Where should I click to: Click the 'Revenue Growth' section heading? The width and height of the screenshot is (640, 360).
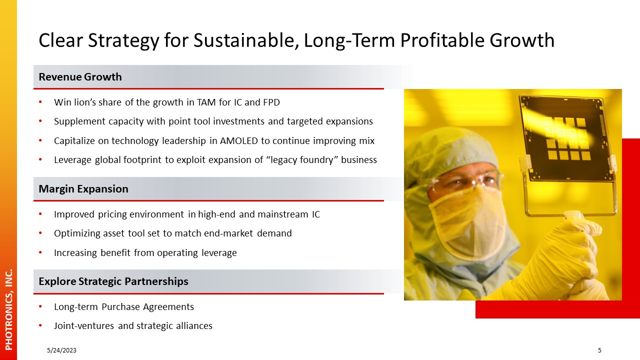80,77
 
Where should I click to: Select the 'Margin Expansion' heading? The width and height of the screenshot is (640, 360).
83,189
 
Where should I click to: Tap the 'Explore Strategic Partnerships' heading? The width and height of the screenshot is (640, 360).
113,281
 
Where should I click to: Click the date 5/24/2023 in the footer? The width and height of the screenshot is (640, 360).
61,350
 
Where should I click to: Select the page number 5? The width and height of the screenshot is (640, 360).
599,350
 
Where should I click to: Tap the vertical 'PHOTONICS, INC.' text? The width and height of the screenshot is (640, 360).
9,309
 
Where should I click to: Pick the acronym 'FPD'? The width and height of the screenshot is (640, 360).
271,102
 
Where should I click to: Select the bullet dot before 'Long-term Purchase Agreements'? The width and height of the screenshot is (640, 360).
40,307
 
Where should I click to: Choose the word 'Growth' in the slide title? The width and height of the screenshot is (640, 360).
522,40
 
